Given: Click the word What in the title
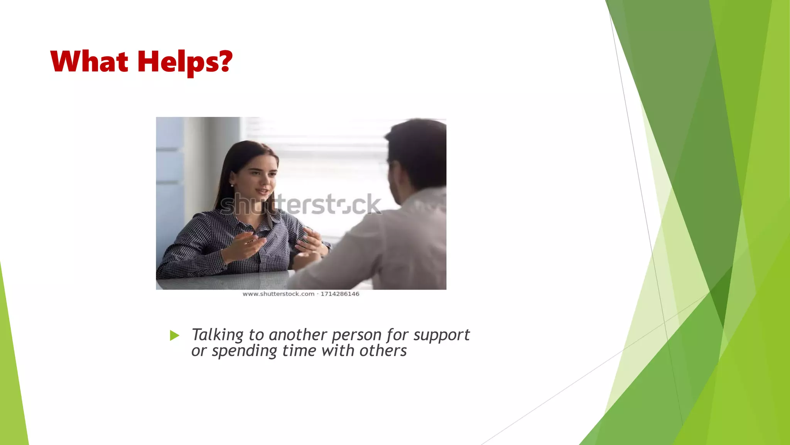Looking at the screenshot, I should pyautogui.click(x=89, y=62).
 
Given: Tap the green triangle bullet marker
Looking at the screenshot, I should pyautogui.click(x=174, y=335).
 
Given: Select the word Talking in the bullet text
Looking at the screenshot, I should pyautogui.click(x=217, y=335).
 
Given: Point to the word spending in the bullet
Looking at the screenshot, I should pyautogui.click(x=244, y=351).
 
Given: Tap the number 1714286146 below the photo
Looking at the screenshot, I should pyautogui.click(x=340, y=294).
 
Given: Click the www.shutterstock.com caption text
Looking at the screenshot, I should pyautogui.click(x=278, y=294).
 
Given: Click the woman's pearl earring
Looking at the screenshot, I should pyautogui.click(x=232, y=185).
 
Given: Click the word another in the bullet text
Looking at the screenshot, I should pyautogui.click(x=298, y=335).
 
